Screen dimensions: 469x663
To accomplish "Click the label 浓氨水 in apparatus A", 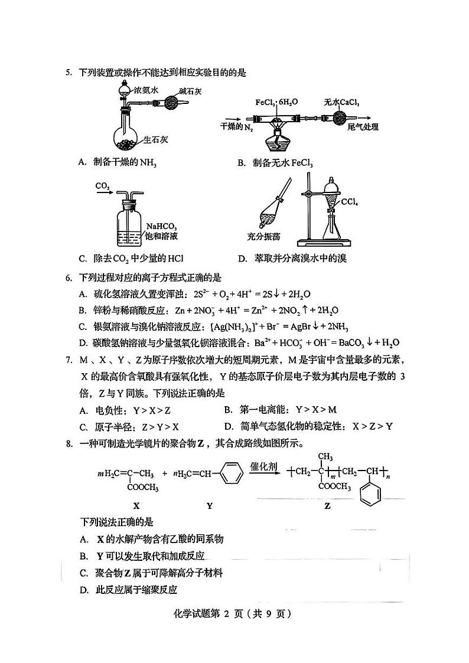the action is (x=146, y=90).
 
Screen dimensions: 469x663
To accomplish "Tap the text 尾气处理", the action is (x=363, y=127).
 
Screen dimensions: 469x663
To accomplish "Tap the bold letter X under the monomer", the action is (x=136, y=505).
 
